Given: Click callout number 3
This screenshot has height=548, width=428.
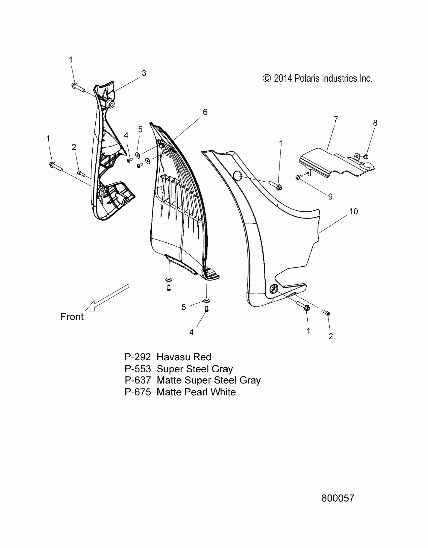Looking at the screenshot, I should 144,73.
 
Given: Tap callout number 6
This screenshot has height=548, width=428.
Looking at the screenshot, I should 205,112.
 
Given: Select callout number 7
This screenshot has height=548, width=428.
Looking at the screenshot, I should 336,119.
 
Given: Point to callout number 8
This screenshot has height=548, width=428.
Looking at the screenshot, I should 375,123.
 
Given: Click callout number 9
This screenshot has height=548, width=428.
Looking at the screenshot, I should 330,197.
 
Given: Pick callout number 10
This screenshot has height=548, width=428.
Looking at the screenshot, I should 353,211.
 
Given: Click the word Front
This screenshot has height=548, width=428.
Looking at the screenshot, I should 72,317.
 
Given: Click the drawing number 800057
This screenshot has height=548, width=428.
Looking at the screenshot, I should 338,498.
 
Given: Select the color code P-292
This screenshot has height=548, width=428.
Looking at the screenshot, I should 137,357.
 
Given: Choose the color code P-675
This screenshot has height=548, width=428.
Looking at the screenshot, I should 137,392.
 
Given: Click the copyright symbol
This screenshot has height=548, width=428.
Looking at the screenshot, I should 267,79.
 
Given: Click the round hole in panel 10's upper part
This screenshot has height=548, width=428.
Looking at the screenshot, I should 237,176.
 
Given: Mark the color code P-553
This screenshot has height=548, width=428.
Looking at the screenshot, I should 137,369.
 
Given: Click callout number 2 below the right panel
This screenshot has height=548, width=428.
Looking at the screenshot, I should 331,336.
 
